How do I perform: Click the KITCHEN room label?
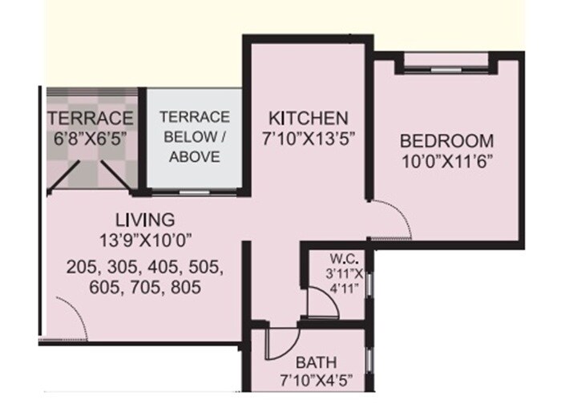[309, 117]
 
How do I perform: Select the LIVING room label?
[144, 219]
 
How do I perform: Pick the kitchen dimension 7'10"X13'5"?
[309, 137]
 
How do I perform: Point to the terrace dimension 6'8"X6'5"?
[89, 138]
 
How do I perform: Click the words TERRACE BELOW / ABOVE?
[194, 137]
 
